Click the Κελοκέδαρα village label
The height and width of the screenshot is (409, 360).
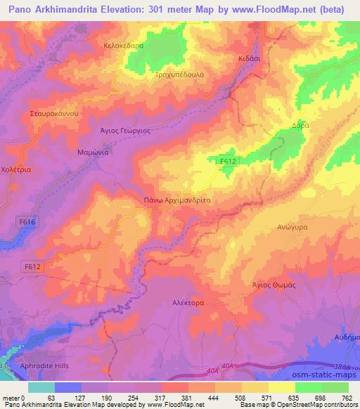(123, 45)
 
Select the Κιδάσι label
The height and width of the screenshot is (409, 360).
(249, 59)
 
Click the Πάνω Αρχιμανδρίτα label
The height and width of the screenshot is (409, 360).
(177, 200)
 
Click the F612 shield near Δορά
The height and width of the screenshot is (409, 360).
(226, 162)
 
